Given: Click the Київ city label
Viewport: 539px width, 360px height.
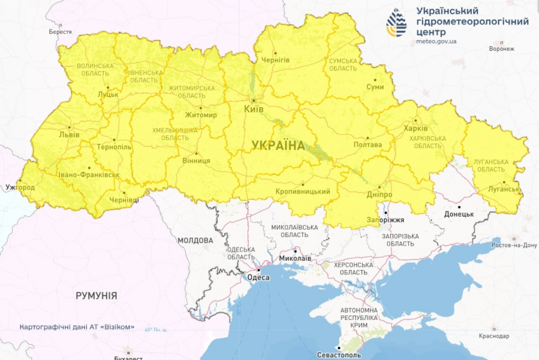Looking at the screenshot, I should pos(254,109).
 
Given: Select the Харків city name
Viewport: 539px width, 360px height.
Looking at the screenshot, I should pos(415,128).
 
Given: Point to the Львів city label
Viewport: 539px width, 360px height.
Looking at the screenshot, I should pos(69,135).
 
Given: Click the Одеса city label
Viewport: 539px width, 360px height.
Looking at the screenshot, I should pos(258,277).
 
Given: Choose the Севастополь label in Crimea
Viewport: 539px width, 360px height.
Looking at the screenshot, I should pos(339,355).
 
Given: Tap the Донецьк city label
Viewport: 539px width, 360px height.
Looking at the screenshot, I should pos(459,214).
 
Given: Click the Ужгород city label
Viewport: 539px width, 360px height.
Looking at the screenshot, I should pos(20,187).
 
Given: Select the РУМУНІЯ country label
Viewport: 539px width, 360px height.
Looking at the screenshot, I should pos(96,296).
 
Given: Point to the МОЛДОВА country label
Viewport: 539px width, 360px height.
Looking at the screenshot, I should pos(195,240).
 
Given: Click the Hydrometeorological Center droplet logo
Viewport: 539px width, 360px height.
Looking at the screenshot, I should pos(396,23).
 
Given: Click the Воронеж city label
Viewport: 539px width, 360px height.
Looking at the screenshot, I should pos(502,49).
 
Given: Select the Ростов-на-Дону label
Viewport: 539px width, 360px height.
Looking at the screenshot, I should pos(514,245).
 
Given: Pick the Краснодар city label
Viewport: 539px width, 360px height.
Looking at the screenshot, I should pos(494,336).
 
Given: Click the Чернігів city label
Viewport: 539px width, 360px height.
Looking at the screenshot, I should pos(275,60).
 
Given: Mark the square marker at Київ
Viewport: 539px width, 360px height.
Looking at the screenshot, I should pos(253,100).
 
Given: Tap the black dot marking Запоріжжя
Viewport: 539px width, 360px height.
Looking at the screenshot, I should pos(385,213).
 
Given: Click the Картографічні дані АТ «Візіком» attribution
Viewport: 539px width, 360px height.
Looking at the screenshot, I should pos(77,327).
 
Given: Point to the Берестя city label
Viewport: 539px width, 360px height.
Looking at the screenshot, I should pos(60,32).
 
